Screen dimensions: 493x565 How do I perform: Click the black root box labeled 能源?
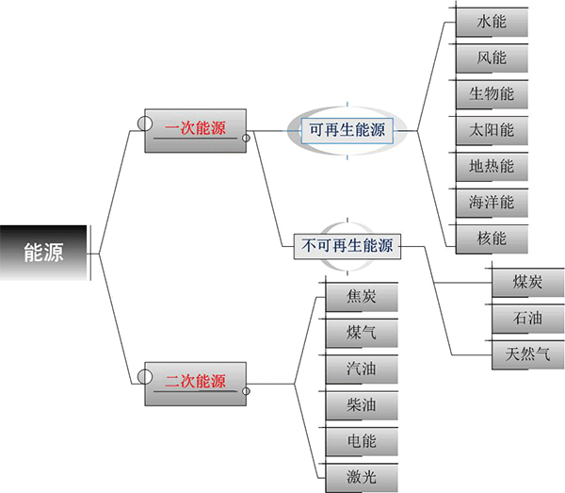45,253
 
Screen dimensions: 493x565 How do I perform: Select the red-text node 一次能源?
196,130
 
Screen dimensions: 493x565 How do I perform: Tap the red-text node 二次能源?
196,382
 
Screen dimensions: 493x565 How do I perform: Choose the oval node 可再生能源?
347,130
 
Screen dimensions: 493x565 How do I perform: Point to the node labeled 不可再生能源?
347,246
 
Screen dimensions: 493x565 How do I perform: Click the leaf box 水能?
492,22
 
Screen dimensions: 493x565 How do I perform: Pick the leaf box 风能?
492,58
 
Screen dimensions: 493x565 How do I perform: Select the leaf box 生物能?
492,93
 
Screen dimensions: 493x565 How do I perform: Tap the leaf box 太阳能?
492,129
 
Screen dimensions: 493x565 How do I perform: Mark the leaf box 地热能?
492,166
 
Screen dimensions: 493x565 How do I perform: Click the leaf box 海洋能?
492,202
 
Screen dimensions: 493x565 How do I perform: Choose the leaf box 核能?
492,238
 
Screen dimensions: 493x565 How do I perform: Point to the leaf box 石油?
527,319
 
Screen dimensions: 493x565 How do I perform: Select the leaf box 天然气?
527,354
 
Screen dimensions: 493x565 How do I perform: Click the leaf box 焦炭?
361,297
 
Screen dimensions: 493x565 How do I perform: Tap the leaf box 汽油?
361,369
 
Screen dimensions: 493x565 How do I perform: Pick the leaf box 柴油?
361,404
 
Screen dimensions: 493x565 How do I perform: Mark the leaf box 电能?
361,440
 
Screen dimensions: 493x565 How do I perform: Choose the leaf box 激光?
361,475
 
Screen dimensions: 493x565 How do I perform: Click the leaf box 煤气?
361,333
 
